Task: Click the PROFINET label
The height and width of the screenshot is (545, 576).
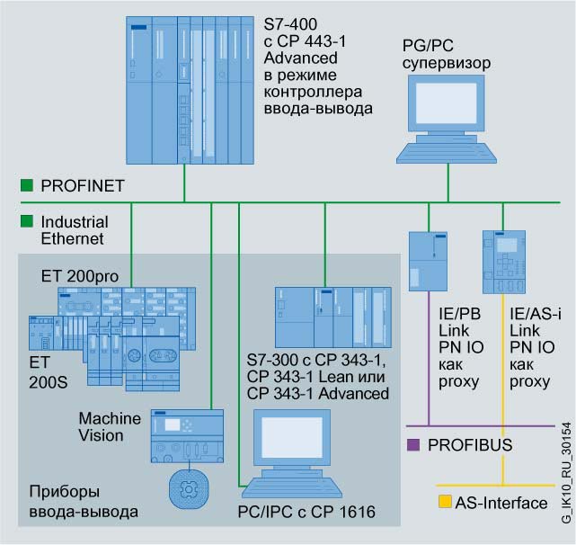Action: [83, 185]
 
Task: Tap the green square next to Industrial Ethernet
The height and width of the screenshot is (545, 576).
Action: [27, 220]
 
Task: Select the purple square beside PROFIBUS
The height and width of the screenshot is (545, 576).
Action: [412, 444]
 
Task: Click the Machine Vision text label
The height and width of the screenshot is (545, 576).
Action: [110, 427]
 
